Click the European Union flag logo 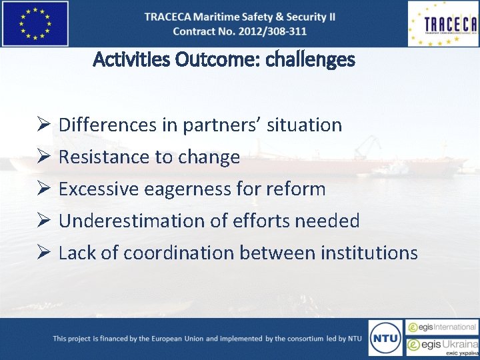tap(35, 23)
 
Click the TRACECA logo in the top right tap(443, 23)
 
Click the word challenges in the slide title tap(310, 60)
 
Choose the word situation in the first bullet tap(304, 125)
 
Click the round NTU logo tap(385, 339)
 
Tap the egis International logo tap(442, 327)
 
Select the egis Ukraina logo tap(442, 346)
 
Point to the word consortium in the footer tap(305, 339)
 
